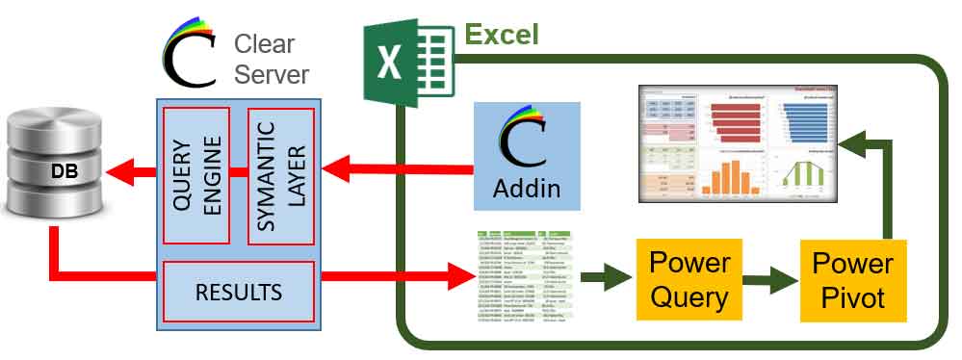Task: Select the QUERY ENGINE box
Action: point(195,175)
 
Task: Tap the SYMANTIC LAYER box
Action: point(281,175)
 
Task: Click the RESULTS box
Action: point(239,290)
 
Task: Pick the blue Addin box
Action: point(527,156)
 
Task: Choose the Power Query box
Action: point(689,279)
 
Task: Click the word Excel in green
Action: point(502,36)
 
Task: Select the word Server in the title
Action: point(272,74)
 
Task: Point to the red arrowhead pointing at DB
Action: point(120,175)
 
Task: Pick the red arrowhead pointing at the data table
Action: point(460,279)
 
